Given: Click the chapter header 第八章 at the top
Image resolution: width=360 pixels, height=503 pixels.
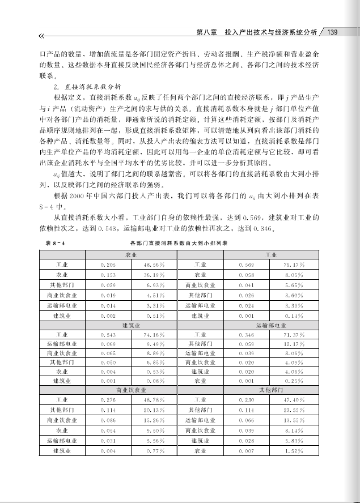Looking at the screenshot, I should click(x=206, y=32).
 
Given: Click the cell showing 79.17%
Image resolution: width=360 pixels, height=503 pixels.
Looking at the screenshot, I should click(x=295, y=265).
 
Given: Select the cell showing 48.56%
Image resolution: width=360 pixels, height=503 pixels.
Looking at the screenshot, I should click(x=154, y=265).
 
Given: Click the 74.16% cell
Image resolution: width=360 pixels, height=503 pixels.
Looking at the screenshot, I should click(x=154, y=334).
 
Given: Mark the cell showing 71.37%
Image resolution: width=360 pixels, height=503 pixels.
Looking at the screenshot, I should click(x=295, y=334).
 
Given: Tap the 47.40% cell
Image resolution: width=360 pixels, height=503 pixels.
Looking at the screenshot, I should click(x=295, y=400).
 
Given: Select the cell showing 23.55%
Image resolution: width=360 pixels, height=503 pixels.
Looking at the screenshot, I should click(x=295, y=410).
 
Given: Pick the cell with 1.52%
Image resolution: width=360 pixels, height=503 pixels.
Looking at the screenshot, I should click(x=295, y=451).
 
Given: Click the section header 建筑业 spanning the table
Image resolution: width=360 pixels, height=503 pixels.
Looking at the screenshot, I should click(x=132, y=325).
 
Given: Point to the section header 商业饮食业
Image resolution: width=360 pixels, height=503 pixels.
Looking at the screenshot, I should click(x=132, y=390).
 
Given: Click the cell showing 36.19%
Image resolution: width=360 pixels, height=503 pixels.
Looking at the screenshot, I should click(x=154, y=274).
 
